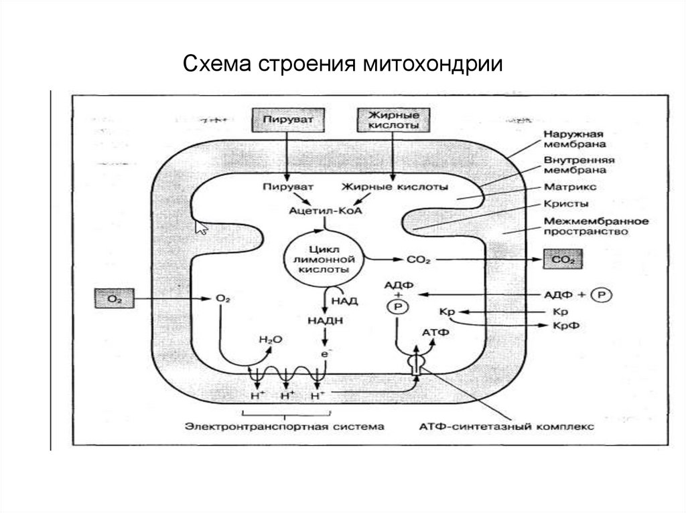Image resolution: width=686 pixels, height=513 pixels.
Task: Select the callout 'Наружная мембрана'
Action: click(575, 138)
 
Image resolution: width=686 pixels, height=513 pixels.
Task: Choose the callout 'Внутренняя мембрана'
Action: click(578, 165)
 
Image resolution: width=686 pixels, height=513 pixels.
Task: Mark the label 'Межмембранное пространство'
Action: click(586, 227)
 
